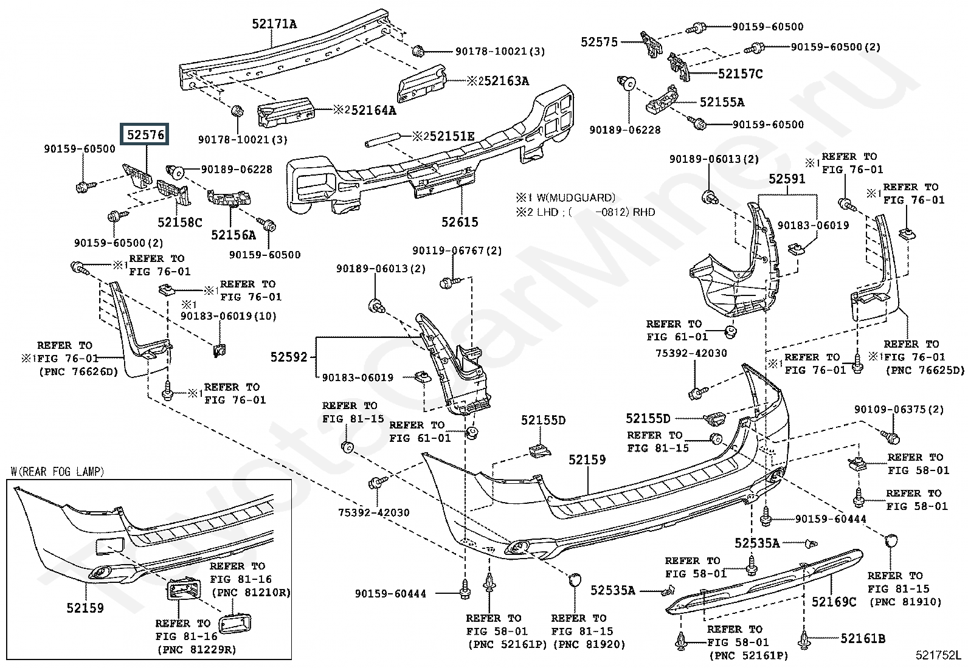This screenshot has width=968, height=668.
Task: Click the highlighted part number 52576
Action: click(x=146, y=135)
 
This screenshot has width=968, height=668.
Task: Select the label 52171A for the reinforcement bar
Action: click(x=274, y=24)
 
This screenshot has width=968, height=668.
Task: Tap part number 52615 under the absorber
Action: click(x=460, y=222)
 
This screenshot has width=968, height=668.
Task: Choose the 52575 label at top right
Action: click(x=599, y=42)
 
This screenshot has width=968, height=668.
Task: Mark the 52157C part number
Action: click(x=740, y=74)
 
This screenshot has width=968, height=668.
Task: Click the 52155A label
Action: click(x=721, y=102)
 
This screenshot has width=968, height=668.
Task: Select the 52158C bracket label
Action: click(x=179, y=222)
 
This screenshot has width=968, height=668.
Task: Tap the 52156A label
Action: click(x=233, y=235)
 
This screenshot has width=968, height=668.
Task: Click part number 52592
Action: click(x=289, y=358)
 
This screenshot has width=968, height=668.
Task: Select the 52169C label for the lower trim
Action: click(x=834, y=602)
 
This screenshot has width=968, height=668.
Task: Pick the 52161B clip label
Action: click(x=863, y=638)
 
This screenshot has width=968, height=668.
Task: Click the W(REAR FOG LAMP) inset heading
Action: click(x=57, y=472)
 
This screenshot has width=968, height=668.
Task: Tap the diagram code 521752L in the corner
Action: click(x=939, y=655)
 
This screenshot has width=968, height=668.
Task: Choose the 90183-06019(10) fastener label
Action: click(x=228, y=317)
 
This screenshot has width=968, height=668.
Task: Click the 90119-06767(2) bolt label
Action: click(x=457, y=250)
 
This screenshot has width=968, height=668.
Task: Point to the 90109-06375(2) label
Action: click(x=899, y=410)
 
